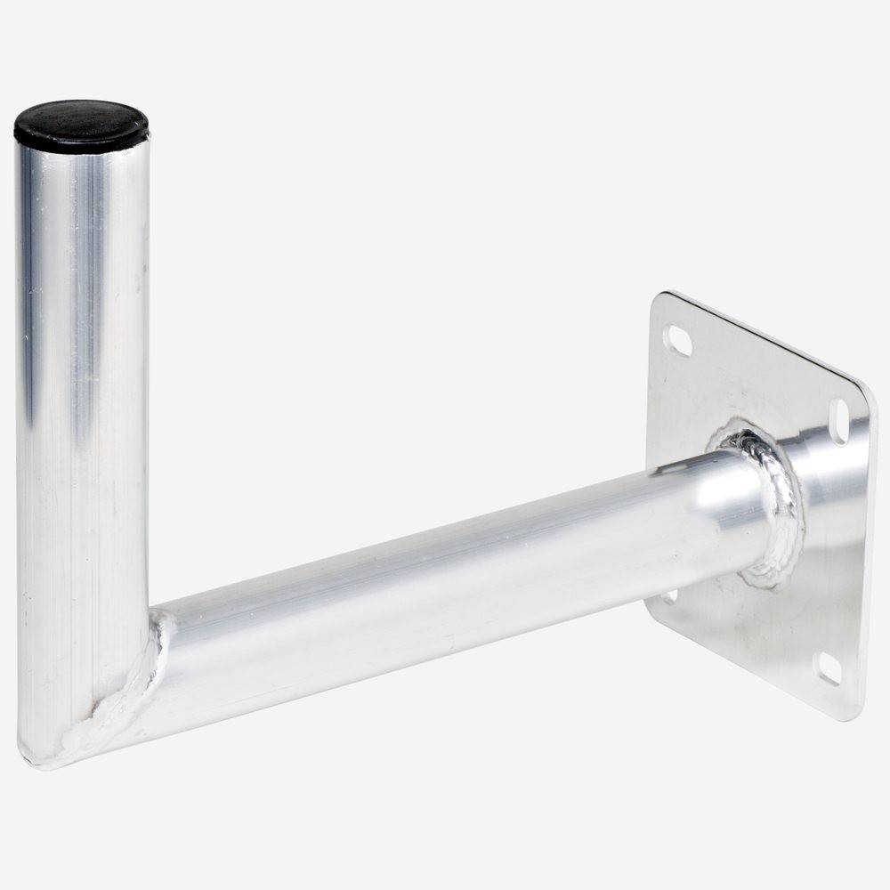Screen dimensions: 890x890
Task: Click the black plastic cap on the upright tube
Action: tap(80, 125)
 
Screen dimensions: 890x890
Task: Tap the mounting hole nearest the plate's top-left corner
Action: tap(680, 339)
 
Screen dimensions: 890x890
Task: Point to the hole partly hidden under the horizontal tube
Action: tap(669, 595)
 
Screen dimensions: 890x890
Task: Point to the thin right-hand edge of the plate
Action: tap(870, 552)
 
